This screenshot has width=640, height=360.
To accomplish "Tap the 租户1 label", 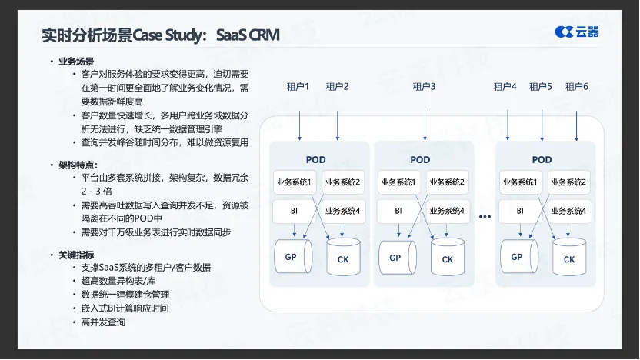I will pos(298,87).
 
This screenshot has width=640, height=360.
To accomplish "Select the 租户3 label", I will pos(424,87).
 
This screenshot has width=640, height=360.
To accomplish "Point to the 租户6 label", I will pos(576,87).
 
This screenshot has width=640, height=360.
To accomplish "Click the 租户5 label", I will pos(541,87).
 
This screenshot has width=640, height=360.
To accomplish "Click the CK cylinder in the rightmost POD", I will pos(568,259).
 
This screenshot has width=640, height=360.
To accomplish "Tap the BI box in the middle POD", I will pos(398,210).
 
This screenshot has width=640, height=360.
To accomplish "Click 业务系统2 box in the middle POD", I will pos(447,182).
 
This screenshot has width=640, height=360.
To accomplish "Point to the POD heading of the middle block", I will pos(420,160).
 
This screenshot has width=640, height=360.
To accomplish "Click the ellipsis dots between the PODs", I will pos(485,217).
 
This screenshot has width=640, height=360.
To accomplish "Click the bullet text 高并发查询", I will pos(103,322).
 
